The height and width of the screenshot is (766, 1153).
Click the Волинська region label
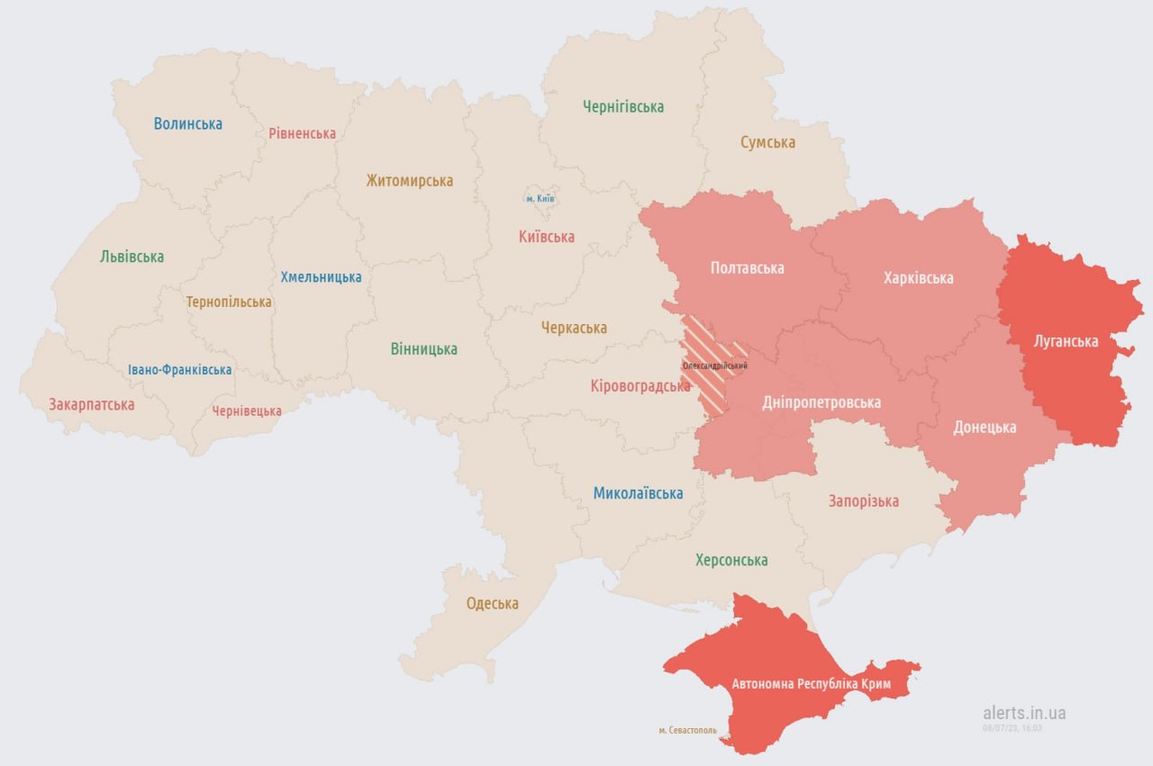pyautogui.click(x=187, y=124)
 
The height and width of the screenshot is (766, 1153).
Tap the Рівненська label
pyautogui.click(x=302, y=133)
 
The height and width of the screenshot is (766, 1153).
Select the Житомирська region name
pyautogui.click(x=409, y=181)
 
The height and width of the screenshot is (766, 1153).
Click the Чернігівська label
pyautogui.click(x=623, y=107)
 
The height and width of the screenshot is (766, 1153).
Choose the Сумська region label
pyautogui.click(x=767, y=142)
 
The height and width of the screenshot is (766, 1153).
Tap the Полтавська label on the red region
pyautogui.click(x=747, y=268)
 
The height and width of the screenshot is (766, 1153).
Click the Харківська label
pyautogui.click(x=918, y=278)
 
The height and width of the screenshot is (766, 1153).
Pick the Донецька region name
pyautogui.click(x=985, y=428)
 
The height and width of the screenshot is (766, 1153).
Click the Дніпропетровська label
pyautogui.click(x=822, y=402)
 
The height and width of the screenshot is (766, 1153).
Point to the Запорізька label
pyautogui.click(x=863, y=501)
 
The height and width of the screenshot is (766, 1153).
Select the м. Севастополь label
pyautogui.click(x=688, y=730)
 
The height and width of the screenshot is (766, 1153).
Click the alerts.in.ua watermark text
pyautogui.click(x=1024, y=713)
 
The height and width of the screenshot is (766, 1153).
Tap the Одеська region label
pyautogui.click(x=492, y=604)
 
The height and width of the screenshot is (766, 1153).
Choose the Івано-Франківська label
pyautogui.click(x=179, y=370)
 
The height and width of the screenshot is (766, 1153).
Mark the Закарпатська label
pyautogui.click(x=92, y=405)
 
